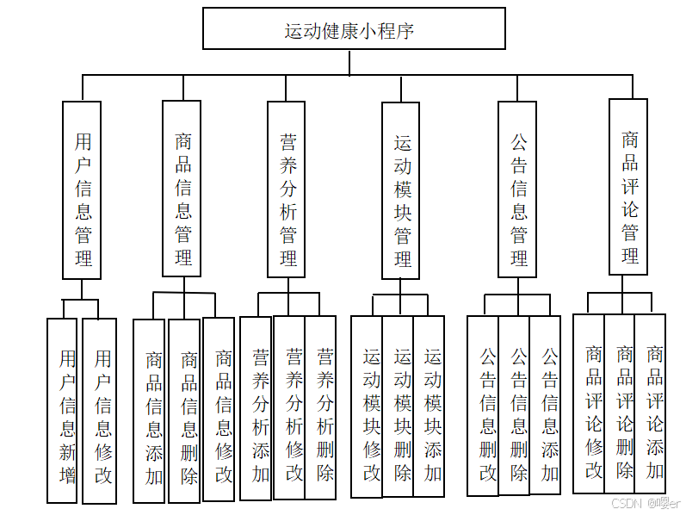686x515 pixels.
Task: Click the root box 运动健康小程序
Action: [353, 28]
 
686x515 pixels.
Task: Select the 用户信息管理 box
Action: [83, 189]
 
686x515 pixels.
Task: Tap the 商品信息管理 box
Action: [182, 189]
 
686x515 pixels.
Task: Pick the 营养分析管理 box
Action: [287, 189]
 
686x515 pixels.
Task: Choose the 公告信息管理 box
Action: [517, 189]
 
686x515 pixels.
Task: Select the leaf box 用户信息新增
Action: [62, 411]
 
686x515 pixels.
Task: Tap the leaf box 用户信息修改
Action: [100, 411]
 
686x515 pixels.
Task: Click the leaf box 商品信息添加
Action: [150, 411]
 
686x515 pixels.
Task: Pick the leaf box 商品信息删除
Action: [185, 411]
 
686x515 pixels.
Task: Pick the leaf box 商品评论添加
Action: [652, 404]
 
